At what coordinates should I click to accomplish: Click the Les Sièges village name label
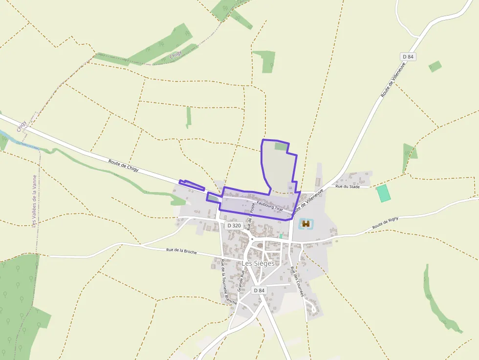(258, 263)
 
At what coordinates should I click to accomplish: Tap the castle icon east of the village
(306, 224)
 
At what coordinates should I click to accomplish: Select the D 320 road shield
(234, 226)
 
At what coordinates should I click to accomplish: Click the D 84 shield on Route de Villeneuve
(408, 57)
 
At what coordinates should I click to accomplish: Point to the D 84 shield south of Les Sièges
(259, 290)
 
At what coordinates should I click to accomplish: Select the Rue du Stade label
(347, 186)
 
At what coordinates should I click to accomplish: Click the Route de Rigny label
(385, 223)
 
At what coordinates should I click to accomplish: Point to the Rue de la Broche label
(181, 251)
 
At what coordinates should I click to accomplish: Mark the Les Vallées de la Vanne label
(34, 201)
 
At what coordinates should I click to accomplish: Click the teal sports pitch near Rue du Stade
(384, 193)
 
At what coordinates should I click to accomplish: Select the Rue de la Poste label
(251, 216)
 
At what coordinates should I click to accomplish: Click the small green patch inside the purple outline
(281, 146)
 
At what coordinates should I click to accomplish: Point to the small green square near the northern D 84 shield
(435, 66)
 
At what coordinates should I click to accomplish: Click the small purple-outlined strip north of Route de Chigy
(192, 185)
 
